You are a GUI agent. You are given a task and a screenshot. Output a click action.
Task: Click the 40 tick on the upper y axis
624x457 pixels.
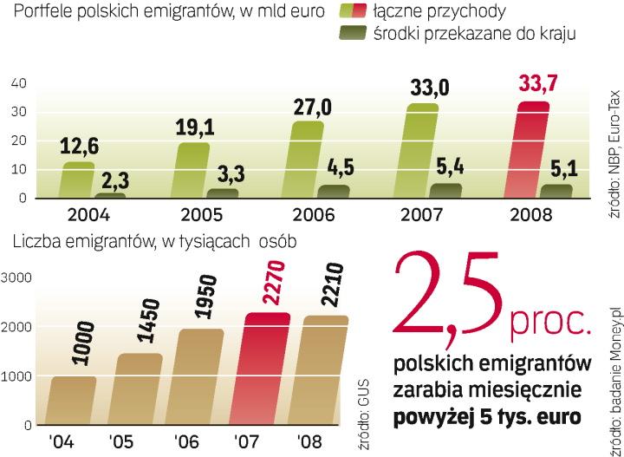(x=19, y=83)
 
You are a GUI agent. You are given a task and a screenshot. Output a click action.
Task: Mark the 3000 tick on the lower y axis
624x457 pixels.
(x=16, y=277)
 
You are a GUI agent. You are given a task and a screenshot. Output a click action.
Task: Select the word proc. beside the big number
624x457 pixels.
(x=554, y=324)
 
